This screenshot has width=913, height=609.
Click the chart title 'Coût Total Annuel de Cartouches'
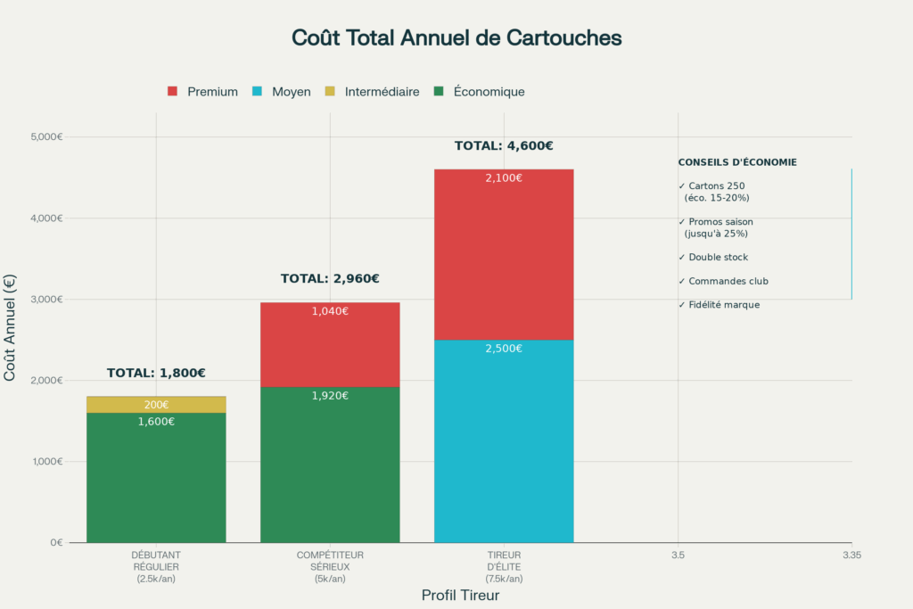[456, 38]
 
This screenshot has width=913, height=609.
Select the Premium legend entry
[203, 92]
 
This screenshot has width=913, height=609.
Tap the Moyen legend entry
[283, 92]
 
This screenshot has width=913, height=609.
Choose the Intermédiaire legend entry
[373, 92]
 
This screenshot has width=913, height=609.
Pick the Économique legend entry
[479, 92]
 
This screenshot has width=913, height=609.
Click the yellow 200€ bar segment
[156, 405]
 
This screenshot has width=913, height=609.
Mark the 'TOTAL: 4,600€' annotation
[504, 146]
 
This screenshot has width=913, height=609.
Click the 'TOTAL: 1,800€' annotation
[156, 374]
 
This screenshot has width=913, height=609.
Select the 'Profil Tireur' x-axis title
[459, 595]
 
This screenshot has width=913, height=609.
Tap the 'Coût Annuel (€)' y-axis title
[10, 327]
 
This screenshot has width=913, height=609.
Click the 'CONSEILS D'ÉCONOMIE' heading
[737, 162]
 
